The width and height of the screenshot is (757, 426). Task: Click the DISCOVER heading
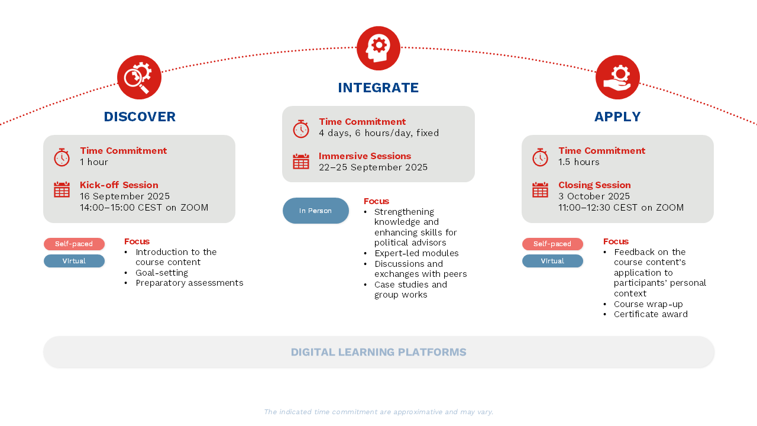tap(140, 117)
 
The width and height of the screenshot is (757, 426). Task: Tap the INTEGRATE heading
tap(378, 88)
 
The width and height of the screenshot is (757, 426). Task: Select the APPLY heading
tap(617, 117)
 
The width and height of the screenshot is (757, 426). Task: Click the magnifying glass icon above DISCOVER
tap(139, 78)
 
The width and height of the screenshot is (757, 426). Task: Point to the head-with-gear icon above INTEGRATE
tap(378, 48)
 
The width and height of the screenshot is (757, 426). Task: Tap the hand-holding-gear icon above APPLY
tap(617, 78)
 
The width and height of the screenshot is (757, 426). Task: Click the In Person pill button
tap(316, 211)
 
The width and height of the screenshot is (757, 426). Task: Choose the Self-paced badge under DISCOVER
tap(74, 244)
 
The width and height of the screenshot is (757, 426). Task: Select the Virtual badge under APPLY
tap(552, 261)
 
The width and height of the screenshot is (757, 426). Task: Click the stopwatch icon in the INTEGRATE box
tap(301, 128)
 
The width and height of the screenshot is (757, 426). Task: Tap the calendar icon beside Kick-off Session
tap(62, 189)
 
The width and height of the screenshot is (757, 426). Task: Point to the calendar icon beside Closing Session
tap(540, 189)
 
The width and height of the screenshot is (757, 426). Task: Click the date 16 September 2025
tap(125, 196)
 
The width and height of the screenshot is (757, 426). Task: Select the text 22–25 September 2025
tap(373, 167)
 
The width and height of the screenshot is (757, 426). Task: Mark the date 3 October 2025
tap(594, 196)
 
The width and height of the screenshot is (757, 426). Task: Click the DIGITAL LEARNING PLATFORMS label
tap(378, 353)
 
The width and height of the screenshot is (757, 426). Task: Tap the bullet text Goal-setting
tap(161, 273)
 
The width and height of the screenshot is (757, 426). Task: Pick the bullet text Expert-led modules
tap(416, 253)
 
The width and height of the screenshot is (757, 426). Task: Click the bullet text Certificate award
tap(651, 314)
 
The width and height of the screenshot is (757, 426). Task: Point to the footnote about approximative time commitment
tap(378, 412)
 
